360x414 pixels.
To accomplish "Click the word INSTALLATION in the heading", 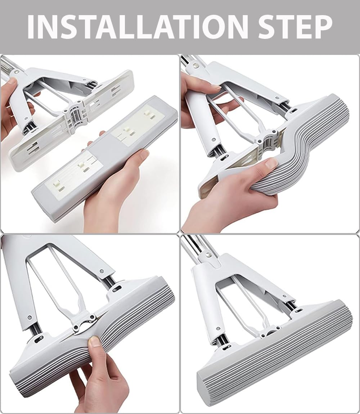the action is click(138, 27).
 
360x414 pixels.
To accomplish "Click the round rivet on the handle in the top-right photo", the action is click(195, 65).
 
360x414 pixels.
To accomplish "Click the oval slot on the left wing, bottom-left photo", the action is click(39, 338).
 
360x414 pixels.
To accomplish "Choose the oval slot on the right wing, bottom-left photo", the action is click(117, 288).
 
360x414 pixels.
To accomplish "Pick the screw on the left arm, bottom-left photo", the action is click(30, 316).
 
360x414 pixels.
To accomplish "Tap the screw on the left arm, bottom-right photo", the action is click(218, 329).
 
